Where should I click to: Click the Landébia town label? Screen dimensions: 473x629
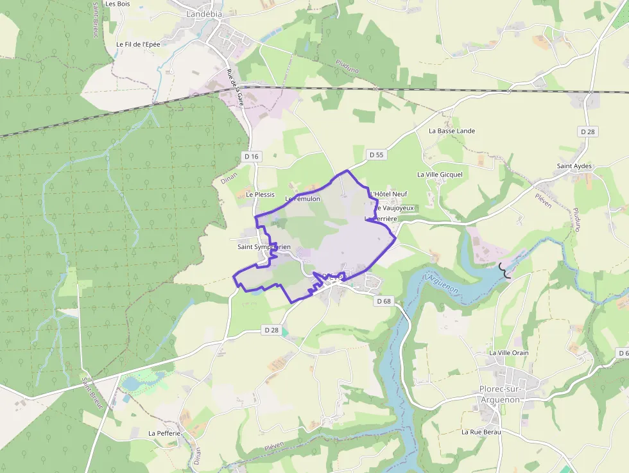click(205, 13)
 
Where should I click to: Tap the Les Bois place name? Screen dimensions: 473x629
click(118, 4)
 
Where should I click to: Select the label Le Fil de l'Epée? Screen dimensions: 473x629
click(138, 44)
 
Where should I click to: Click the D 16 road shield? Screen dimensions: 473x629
click(252, 157)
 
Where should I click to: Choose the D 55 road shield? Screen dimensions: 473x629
click(376, 155)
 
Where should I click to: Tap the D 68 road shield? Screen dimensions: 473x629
click(384, 300)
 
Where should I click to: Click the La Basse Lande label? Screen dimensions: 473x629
click(452, 131)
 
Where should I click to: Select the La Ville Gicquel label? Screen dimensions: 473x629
click(440, 174)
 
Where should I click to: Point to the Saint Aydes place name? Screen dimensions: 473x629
click(574, 166)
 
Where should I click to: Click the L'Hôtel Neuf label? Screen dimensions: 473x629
click(389, 194)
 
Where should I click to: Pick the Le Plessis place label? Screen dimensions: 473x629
click(260, 194)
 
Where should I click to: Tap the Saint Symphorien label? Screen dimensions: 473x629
click(264, 247)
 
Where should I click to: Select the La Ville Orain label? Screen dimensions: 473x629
click(509, 353)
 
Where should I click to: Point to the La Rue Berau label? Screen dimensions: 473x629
click(481, 432)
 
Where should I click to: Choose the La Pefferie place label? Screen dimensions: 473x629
click(164, 433)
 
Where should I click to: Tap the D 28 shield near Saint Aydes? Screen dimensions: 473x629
click(587, 132)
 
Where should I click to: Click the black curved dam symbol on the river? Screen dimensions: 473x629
click(505, 271)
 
